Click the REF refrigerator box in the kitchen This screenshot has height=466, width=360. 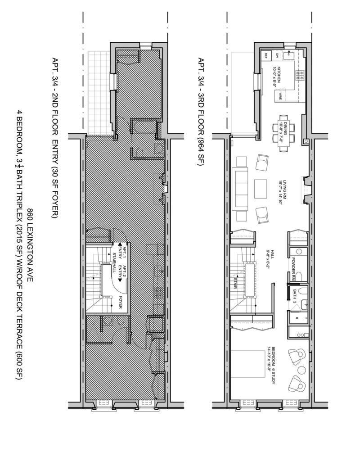pos(266,56)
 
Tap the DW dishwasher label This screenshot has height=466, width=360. pos(277,55)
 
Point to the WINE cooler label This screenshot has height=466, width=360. pos(280,96)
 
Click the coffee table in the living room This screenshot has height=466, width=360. pos(261,189)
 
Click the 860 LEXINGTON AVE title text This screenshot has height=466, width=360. pos(30,245)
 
